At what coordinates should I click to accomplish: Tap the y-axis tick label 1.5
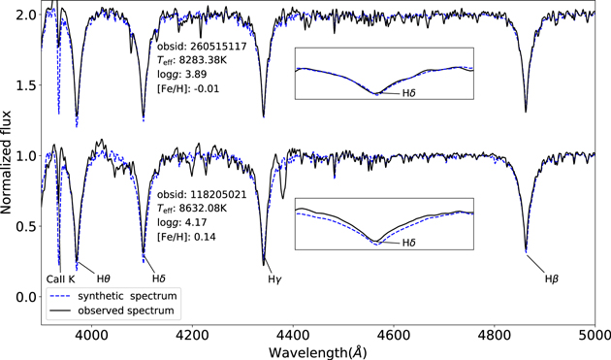26,85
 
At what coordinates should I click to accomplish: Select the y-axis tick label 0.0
26,297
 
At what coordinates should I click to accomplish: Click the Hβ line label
552,279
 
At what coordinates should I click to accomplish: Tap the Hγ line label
274,279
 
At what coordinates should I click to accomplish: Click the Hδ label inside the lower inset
397,245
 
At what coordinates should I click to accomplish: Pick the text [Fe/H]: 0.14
186,237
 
